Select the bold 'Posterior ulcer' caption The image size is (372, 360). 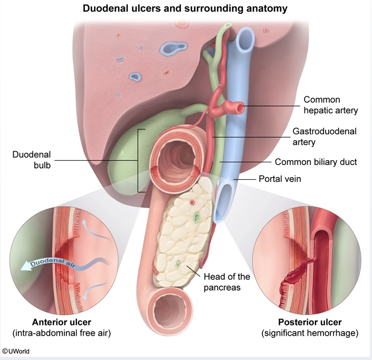point(310,322)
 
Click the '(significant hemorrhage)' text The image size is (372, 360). point(310,333)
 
